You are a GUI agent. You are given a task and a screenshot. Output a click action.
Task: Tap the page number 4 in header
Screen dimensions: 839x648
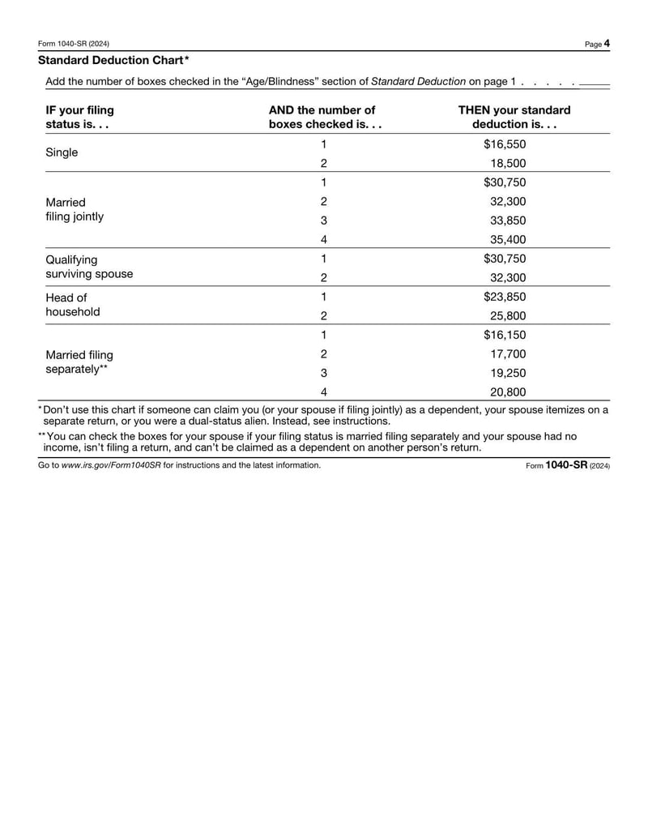[x=607, y=44]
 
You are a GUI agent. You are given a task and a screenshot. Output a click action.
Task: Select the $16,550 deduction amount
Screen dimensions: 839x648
[x=505, y=144]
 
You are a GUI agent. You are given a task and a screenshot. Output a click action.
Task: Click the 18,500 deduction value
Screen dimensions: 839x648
[x=508, y=163]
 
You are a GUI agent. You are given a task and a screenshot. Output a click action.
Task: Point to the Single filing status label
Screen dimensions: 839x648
[x=62, y=152]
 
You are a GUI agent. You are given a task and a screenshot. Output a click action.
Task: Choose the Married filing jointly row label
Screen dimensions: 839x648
[x=75, y=209]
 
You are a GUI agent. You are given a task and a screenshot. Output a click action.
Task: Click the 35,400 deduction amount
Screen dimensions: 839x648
[x=508, y=239]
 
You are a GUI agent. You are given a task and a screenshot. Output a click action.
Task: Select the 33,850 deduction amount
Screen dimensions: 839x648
[x=508, y=220]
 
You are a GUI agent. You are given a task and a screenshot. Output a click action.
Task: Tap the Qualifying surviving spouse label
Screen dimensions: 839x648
[x=89, y=267]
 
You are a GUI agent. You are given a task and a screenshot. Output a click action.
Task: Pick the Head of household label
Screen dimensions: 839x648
[x=73, y=304]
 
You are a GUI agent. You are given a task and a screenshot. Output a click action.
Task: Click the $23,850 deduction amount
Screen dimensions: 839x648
[x=505, y=297]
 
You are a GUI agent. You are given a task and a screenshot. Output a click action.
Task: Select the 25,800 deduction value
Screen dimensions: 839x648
[x=508, y=315]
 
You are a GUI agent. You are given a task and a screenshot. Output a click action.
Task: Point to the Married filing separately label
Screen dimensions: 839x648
[x=79, y=362]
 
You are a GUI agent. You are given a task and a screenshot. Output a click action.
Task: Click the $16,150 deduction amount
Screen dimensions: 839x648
[x=505, y=335]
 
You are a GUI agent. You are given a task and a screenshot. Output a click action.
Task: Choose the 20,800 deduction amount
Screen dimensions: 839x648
[x=508, y=392]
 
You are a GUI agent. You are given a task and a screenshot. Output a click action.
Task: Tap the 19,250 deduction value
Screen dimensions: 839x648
[x=508, y=373]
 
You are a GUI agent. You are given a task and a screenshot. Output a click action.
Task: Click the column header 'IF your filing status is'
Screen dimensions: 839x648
[x=79, y=118]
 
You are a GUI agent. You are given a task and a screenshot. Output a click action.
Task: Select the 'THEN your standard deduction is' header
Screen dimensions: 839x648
[x=514, y=118]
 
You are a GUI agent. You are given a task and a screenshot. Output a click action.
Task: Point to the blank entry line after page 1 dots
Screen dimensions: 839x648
[x=595, y=83]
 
